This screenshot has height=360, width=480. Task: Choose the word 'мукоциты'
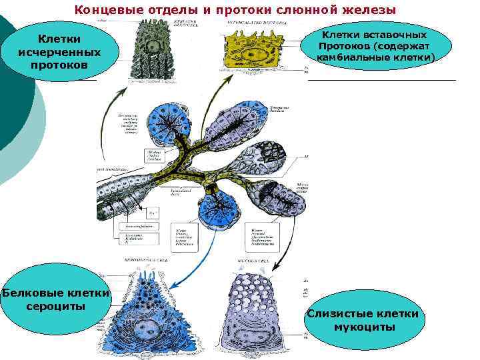pyautogui.click(x=364, y=326)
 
